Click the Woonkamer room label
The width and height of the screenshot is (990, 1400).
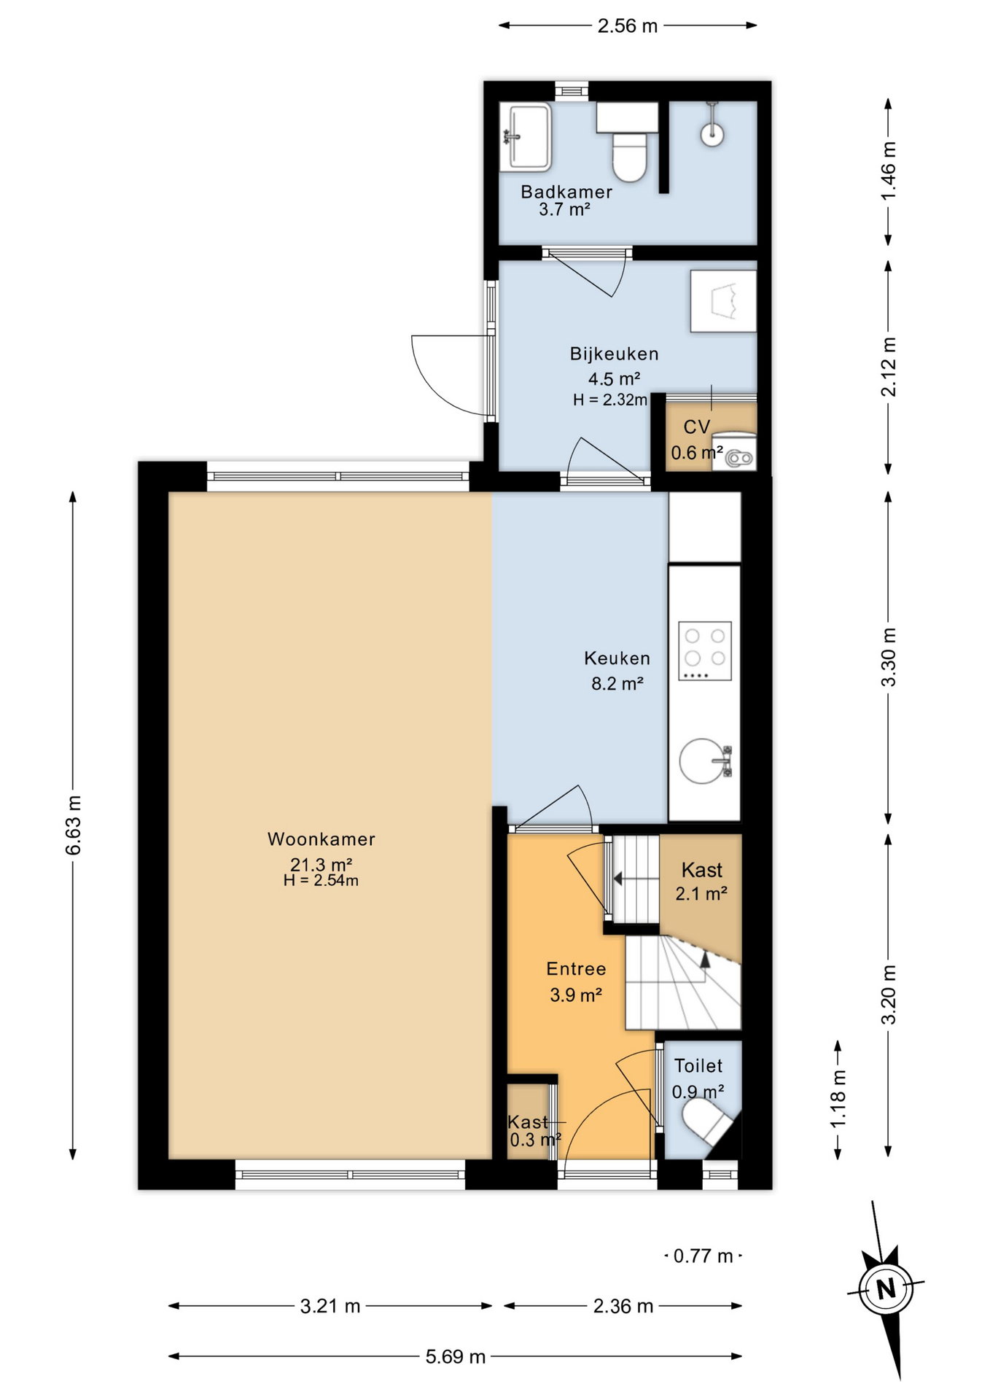pos(321,839)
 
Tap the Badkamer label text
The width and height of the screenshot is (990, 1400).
pos(566,192)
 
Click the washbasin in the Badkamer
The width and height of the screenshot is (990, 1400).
pos(525,137)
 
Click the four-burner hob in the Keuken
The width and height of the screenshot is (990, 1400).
pos(705,650)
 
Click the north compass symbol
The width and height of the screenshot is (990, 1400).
pos(885,1289)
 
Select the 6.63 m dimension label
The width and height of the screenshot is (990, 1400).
pos(73,825)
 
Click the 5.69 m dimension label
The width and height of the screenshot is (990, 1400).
pos(456,1356)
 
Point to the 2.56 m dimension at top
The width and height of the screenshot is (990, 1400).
pos(628,26)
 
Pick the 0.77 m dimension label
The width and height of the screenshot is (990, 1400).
pos(703,1256)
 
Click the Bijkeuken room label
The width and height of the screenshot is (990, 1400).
pos(614,354)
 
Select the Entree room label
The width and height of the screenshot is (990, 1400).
pos(576,969)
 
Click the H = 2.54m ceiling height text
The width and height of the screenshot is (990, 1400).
pos(321,880)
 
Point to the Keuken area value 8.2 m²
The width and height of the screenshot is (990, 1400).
pos(617,683)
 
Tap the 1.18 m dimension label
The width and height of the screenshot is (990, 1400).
pos(838,1098)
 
